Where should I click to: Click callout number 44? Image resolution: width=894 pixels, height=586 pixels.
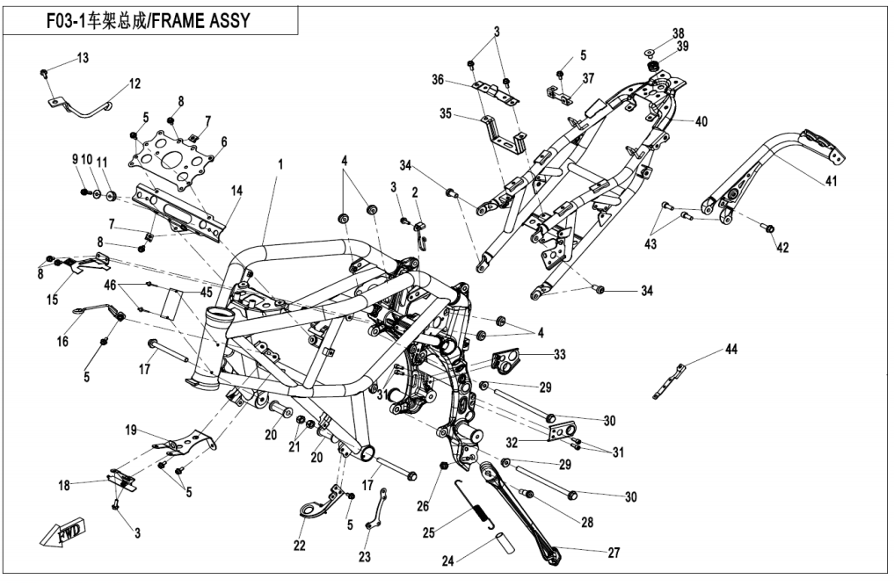pyautogui.click(x=731, y=350)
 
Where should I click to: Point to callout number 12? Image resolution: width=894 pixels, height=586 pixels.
pyautogui.click(x=134, y=84)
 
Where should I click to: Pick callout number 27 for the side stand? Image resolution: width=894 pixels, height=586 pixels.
pyautogui.click(x=614, y=553)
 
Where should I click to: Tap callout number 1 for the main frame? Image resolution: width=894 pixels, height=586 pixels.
pyautogui.click(x=281, y=164)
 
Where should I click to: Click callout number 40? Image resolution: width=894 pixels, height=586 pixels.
pyautogui.click(x=701, y=120)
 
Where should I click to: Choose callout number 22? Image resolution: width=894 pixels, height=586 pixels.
pyautogui.click(x=300, y=546)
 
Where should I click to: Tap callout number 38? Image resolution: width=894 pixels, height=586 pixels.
pyautogui.click(x=679, y=33)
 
